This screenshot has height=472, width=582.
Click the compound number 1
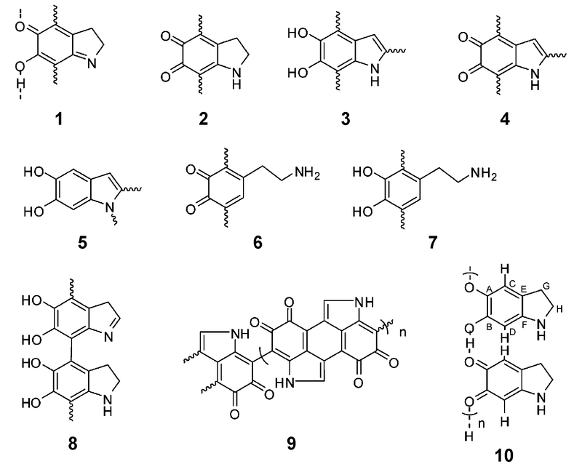58,119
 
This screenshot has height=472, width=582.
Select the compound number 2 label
204,119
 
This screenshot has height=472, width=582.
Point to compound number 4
505,119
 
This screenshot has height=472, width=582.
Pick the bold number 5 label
83,243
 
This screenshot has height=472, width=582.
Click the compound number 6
258,243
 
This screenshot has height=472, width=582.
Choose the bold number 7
432,243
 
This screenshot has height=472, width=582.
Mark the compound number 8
73,443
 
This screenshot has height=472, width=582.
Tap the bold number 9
292,443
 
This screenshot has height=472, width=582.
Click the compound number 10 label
504,455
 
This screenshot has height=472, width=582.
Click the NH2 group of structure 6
307,173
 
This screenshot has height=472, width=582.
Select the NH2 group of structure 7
483,173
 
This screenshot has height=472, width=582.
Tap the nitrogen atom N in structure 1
92,63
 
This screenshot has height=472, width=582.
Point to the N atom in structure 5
108,208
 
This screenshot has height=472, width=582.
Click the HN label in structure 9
284,383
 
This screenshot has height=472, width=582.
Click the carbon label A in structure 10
489,288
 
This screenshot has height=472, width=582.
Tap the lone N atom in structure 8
108,337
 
